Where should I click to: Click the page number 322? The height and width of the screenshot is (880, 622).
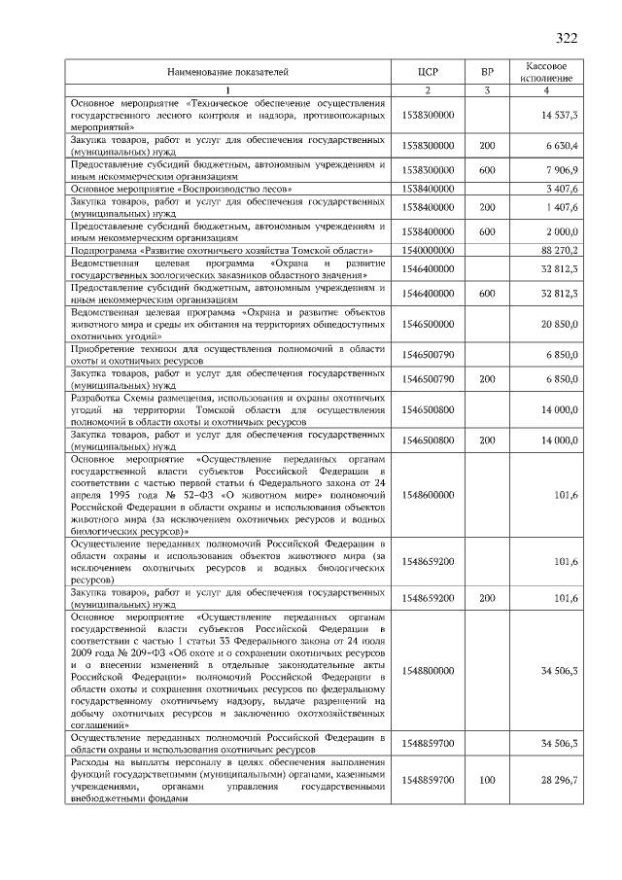(x=567, y=38)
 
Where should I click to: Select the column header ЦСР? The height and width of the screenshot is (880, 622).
(x=427, y=72)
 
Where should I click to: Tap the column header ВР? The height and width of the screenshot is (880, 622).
(x=487, y=72)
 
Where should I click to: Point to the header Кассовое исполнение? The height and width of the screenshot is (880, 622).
(x=546, y=72)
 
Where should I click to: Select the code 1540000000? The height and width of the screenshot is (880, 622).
(x=427, y=250)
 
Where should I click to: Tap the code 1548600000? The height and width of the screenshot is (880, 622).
(x=427, y=495)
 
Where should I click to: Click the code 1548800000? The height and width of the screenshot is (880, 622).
(x=427, y=671)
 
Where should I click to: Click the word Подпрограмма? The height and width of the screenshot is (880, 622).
(x=101, y=250)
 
